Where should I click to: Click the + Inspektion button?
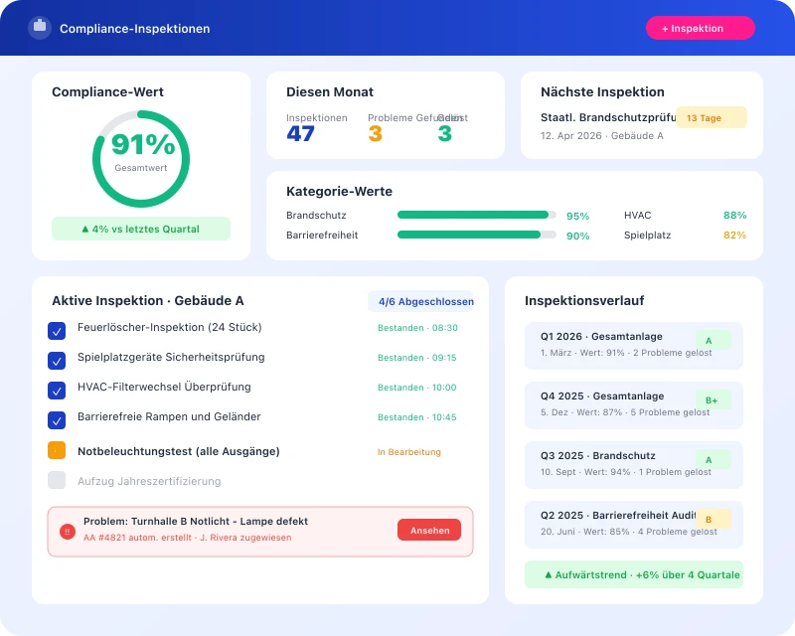700,28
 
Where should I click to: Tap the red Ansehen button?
429,531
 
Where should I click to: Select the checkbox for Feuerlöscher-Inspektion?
57,331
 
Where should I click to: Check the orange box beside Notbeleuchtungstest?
57,450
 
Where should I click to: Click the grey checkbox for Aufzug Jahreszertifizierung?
57,480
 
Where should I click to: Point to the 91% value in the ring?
142,145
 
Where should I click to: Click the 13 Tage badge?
711,117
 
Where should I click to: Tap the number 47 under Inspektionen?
300,133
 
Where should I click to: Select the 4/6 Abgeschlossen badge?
421,301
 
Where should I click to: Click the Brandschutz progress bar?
474,215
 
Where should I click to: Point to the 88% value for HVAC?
734,215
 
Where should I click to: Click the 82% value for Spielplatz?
734,236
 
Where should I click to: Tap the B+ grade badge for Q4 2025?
712,399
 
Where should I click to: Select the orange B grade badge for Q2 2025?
710,519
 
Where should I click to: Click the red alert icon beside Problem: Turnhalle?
68,532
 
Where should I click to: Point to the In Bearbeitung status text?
409,452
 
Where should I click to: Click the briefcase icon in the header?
40,28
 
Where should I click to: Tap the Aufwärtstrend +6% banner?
634,574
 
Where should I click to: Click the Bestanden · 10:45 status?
417,417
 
